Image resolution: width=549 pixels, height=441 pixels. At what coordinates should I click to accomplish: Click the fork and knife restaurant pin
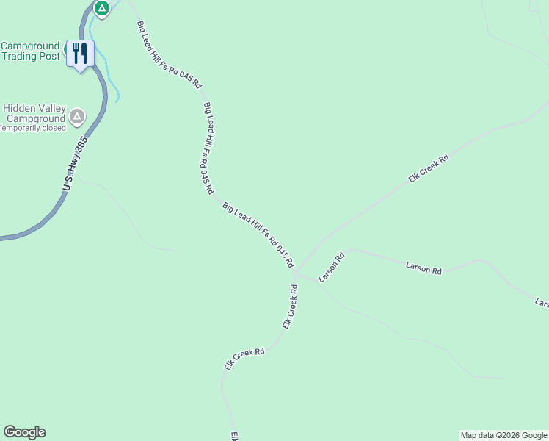pos(79,53)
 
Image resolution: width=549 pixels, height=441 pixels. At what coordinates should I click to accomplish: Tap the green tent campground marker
pos(102,9)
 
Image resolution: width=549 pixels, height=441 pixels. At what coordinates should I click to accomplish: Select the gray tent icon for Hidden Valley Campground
pos(76,116)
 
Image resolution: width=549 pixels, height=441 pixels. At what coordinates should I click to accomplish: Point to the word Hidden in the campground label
pos(21,107)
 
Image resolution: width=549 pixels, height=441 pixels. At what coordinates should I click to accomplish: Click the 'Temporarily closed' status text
pos(32,128)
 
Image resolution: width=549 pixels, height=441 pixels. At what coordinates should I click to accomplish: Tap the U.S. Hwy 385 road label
pos(76,164)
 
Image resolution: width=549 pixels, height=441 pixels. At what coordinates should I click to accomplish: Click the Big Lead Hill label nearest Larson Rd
pos(258,235)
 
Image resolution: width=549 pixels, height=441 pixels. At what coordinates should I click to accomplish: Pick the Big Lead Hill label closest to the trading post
pos(169,55)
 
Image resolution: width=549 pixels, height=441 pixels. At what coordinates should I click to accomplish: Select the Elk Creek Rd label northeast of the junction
pos(429,168)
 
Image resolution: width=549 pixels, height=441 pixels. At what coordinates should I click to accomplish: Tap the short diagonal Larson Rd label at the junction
pos(331,268)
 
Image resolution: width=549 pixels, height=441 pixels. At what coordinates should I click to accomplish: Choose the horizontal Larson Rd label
pos(424,266)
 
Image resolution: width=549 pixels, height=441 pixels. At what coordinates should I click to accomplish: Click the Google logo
pos(24,432)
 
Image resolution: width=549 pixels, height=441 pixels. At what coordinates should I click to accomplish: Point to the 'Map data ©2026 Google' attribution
pos(503,435)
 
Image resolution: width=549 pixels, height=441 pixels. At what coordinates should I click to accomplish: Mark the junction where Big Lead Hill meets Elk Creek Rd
pos(295,272)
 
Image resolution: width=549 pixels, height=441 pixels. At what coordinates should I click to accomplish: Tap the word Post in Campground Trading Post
pos(49,57)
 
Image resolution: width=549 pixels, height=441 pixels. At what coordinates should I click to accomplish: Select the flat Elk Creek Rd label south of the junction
pos(244,358)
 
